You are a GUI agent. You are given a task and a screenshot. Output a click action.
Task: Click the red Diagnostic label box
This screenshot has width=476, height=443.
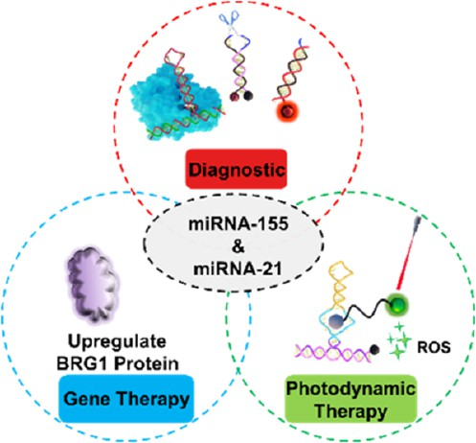point(237,169)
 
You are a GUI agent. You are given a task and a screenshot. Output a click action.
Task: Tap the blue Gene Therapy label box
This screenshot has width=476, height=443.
point(126,399)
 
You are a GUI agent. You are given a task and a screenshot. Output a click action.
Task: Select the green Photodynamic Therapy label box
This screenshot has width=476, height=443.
point(351,400)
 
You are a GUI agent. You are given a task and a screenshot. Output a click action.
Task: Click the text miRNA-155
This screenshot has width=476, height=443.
point(238,223)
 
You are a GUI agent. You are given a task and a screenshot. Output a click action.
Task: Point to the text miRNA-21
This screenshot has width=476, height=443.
point(238,268)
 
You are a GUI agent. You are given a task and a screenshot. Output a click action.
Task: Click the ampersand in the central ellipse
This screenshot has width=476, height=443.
point(238,246)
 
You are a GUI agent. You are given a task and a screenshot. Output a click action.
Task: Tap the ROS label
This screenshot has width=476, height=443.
point(434,347)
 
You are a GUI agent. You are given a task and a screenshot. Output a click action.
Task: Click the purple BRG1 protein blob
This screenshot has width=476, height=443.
point(90,283)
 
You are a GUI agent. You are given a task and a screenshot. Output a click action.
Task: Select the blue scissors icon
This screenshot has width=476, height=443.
point(229,20)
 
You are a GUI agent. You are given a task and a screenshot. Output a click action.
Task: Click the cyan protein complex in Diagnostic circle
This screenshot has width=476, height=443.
point(175,103)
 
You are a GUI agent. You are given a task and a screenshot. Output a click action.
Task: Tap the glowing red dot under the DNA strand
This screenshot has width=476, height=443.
point(288,110)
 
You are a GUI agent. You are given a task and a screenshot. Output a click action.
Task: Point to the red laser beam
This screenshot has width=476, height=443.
point(407,254)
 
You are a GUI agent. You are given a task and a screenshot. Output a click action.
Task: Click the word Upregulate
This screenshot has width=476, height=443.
point(117,342)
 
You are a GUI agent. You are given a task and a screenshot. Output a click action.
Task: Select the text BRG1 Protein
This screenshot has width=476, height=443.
point(117,363)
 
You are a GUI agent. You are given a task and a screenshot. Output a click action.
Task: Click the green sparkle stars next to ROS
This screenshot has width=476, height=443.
point(399,340)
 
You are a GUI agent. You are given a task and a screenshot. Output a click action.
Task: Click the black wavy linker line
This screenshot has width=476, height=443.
point(366,310)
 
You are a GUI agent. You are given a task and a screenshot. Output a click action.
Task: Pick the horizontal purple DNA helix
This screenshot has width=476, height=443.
point(332,353)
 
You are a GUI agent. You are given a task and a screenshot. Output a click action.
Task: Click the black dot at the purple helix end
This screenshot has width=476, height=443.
point(374,350)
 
